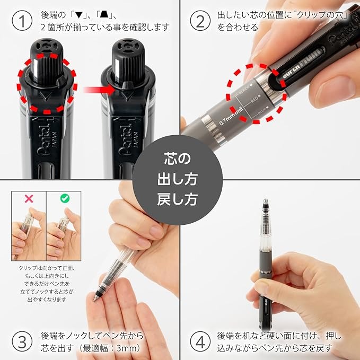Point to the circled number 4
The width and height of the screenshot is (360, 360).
tap(200, 341)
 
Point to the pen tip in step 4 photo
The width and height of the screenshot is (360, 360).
tap(266, 204)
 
